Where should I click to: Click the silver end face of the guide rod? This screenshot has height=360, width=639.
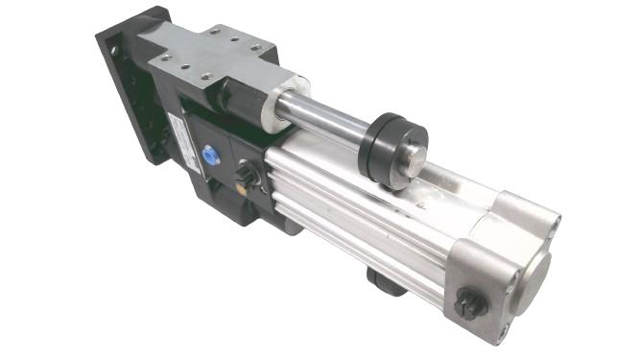click(414, 152)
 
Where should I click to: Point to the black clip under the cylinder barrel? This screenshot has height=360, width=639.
click(382, 281)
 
